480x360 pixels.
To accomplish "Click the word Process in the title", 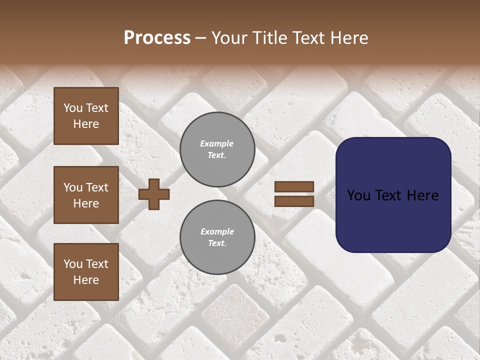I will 157,38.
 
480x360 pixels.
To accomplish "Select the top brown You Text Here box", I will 86,116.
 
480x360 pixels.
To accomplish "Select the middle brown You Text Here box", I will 86,195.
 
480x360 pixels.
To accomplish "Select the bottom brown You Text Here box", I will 86,271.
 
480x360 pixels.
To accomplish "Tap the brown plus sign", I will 154,194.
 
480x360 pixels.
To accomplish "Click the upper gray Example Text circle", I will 217,149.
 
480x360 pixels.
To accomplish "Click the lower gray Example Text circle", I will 217,237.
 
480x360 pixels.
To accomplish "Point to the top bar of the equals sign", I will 294,187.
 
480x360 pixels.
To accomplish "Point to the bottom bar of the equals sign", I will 294,201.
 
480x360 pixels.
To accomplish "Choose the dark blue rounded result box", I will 393,194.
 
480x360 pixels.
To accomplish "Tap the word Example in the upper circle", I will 216,143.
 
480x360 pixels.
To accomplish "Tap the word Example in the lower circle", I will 217,231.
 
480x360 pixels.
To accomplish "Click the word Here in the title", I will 348,38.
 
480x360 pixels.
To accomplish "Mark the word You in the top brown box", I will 72,108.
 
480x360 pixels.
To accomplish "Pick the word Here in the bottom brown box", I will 86,280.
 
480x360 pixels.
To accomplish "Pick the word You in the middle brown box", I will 72,187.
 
